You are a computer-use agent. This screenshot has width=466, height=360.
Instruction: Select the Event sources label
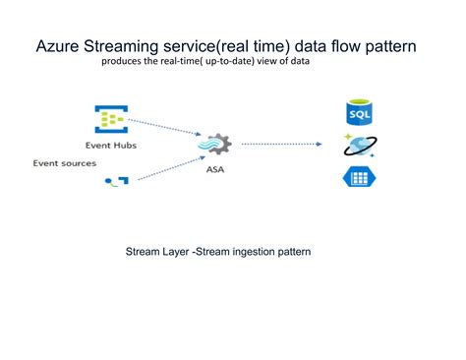pyautogui.click(x=64, y=163)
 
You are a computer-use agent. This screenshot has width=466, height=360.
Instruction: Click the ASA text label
pyautogui.click(x=212, y=170)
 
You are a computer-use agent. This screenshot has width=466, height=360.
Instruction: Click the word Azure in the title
pyautogui.click(x=58, y=46)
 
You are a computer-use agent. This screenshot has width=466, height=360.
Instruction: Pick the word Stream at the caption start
pyautogui.click(x=146, y=252)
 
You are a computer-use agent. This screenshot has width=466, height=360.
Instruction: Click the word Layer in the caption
pyautogui.click(x=187, y=252)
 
